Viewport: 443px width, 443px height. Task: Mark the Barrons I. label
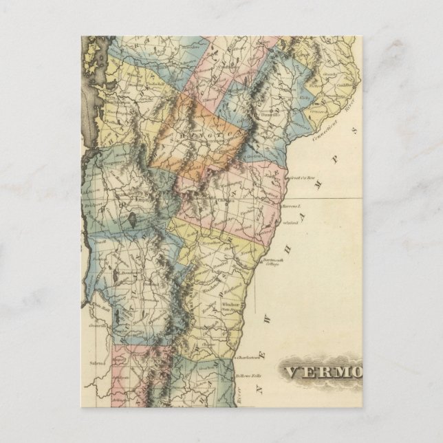coord(293,206)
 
